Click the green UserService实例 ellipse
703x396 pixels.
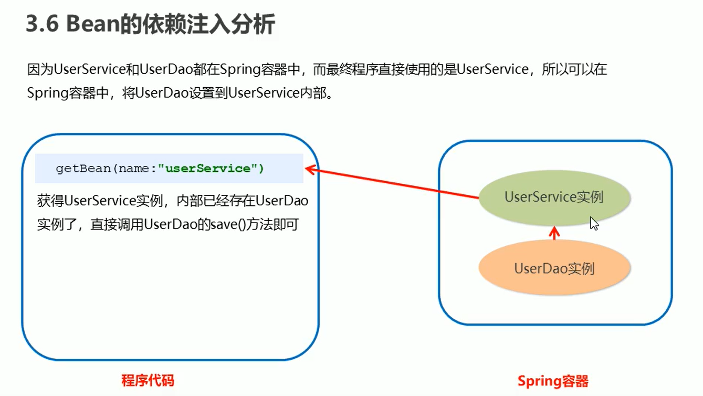coord(554,197)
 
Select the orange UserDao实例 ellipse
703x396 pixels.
coord(554,267)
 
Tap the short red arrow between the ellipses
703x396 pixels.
coord(554,233)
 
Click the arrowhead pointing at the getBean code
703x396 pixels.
coord(311,170)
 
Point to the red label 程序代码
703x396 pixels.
coord(148,380)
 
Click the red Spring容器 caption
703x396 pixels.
coord(553,381)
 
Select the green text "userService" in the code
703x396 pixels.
coord(208,169)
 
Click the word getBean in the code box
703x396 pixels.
coord(83,169)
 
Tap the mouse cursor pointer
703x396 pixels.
coord(594,223)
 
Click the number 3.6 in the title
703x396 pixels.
coord(43,24)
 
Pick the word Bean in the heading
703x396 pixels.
coord(93,24)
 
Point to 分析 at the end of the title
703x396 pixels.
coord(253,24)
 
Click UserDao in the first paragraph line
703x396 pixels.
coord(166,69)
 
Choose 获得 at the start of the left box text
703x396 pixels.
coord(50,201)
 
